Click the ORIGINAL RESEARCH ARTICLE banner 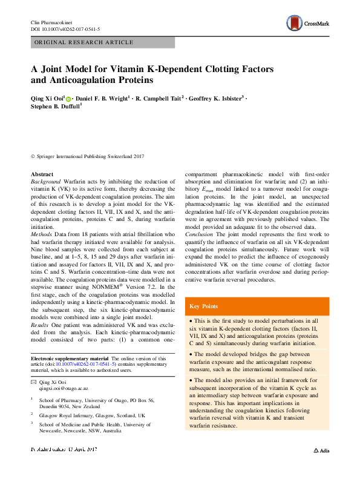[x=84, y=42]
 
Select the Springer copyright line [x=88, y=156]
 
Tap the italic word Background [x=45, y=182]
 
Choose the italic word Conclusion [x=200, y=233]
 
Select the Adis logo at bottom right [x=320, y=467]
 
